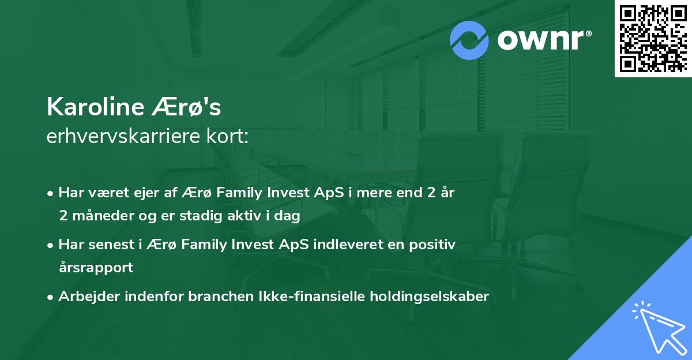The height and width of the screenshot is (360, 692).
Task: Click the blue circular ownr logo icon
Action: (x=469, y=40)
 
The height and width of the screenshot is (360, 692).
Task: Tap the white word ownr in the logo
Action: (x=542, y=40)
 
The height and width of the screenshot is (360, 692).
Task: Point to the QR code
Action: (x=653, y=38)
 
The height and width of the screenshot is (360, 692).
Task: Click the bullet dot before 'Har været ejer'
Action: (x=51, y=194)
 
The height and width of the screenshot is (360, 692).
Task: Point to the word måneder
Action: (x=100, y=216)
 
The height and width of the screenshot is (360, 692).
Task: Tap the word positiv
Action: (x=433, y=245)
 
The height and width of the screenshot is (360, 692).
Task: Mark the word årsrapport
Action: (x=96, y=267)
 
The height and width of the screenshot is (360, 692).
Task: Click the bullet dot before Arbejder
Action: (x=51, y=297)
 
